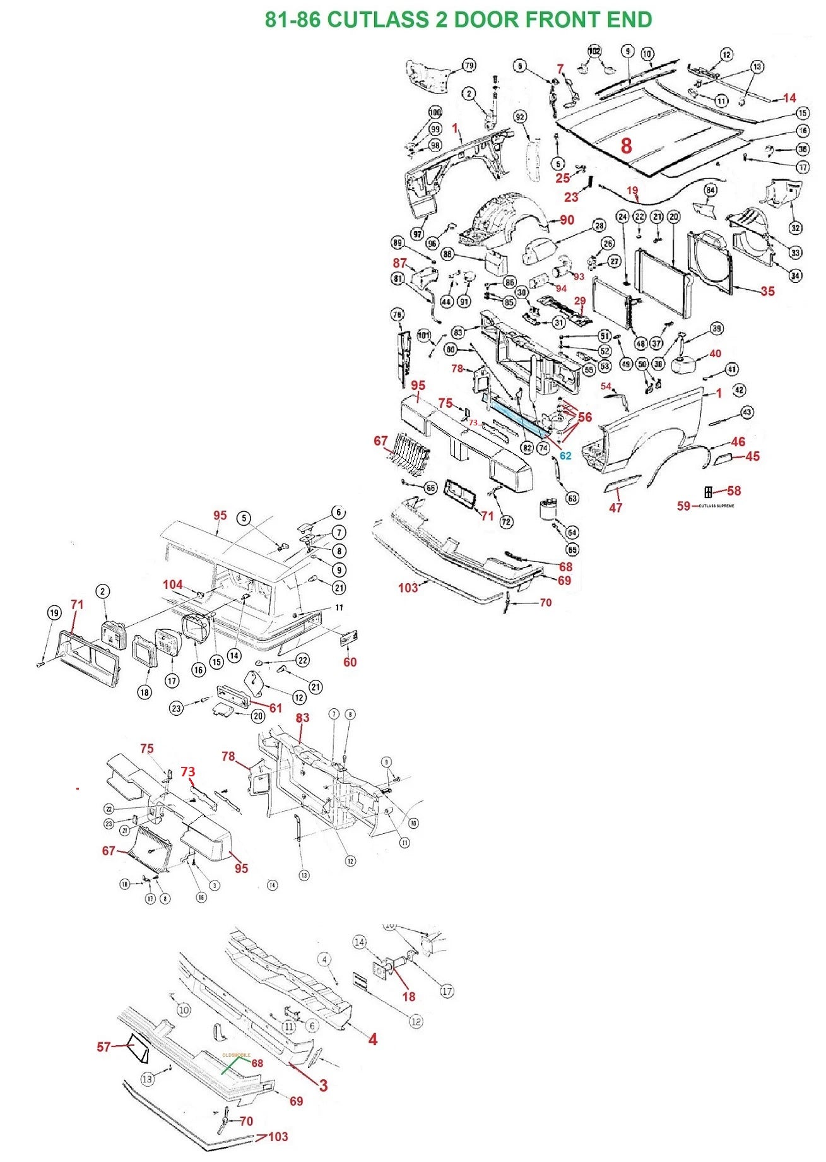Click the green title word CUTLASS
[378, 20]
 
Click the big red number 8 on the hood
[626, 146]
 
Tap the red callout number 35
[767, 291]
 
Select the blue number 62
[565, 456]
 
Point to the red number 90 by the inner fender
[567, 220]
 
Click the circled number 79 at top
[469, 65]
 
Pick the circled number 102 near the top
[594, 50]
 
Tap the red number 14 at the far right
[789, 98]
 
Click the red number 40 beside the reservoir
[715, 353]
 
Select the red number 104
[172, 584]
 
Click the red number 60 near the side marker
[350, 662]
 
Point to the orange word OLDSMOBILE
[237, 1055]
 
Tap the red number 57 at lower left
[104, 1046]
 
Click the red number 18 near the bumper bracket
[409, 996]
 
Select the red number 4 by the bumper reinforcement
[372, 1039]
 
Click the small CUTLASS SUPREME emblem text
[716, 506]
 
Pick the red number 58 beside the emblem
[733, 490]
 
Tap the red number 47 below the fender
[615, 507]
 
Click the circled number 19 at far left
[54, 613]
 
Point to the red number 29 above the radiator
[579, 301]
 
